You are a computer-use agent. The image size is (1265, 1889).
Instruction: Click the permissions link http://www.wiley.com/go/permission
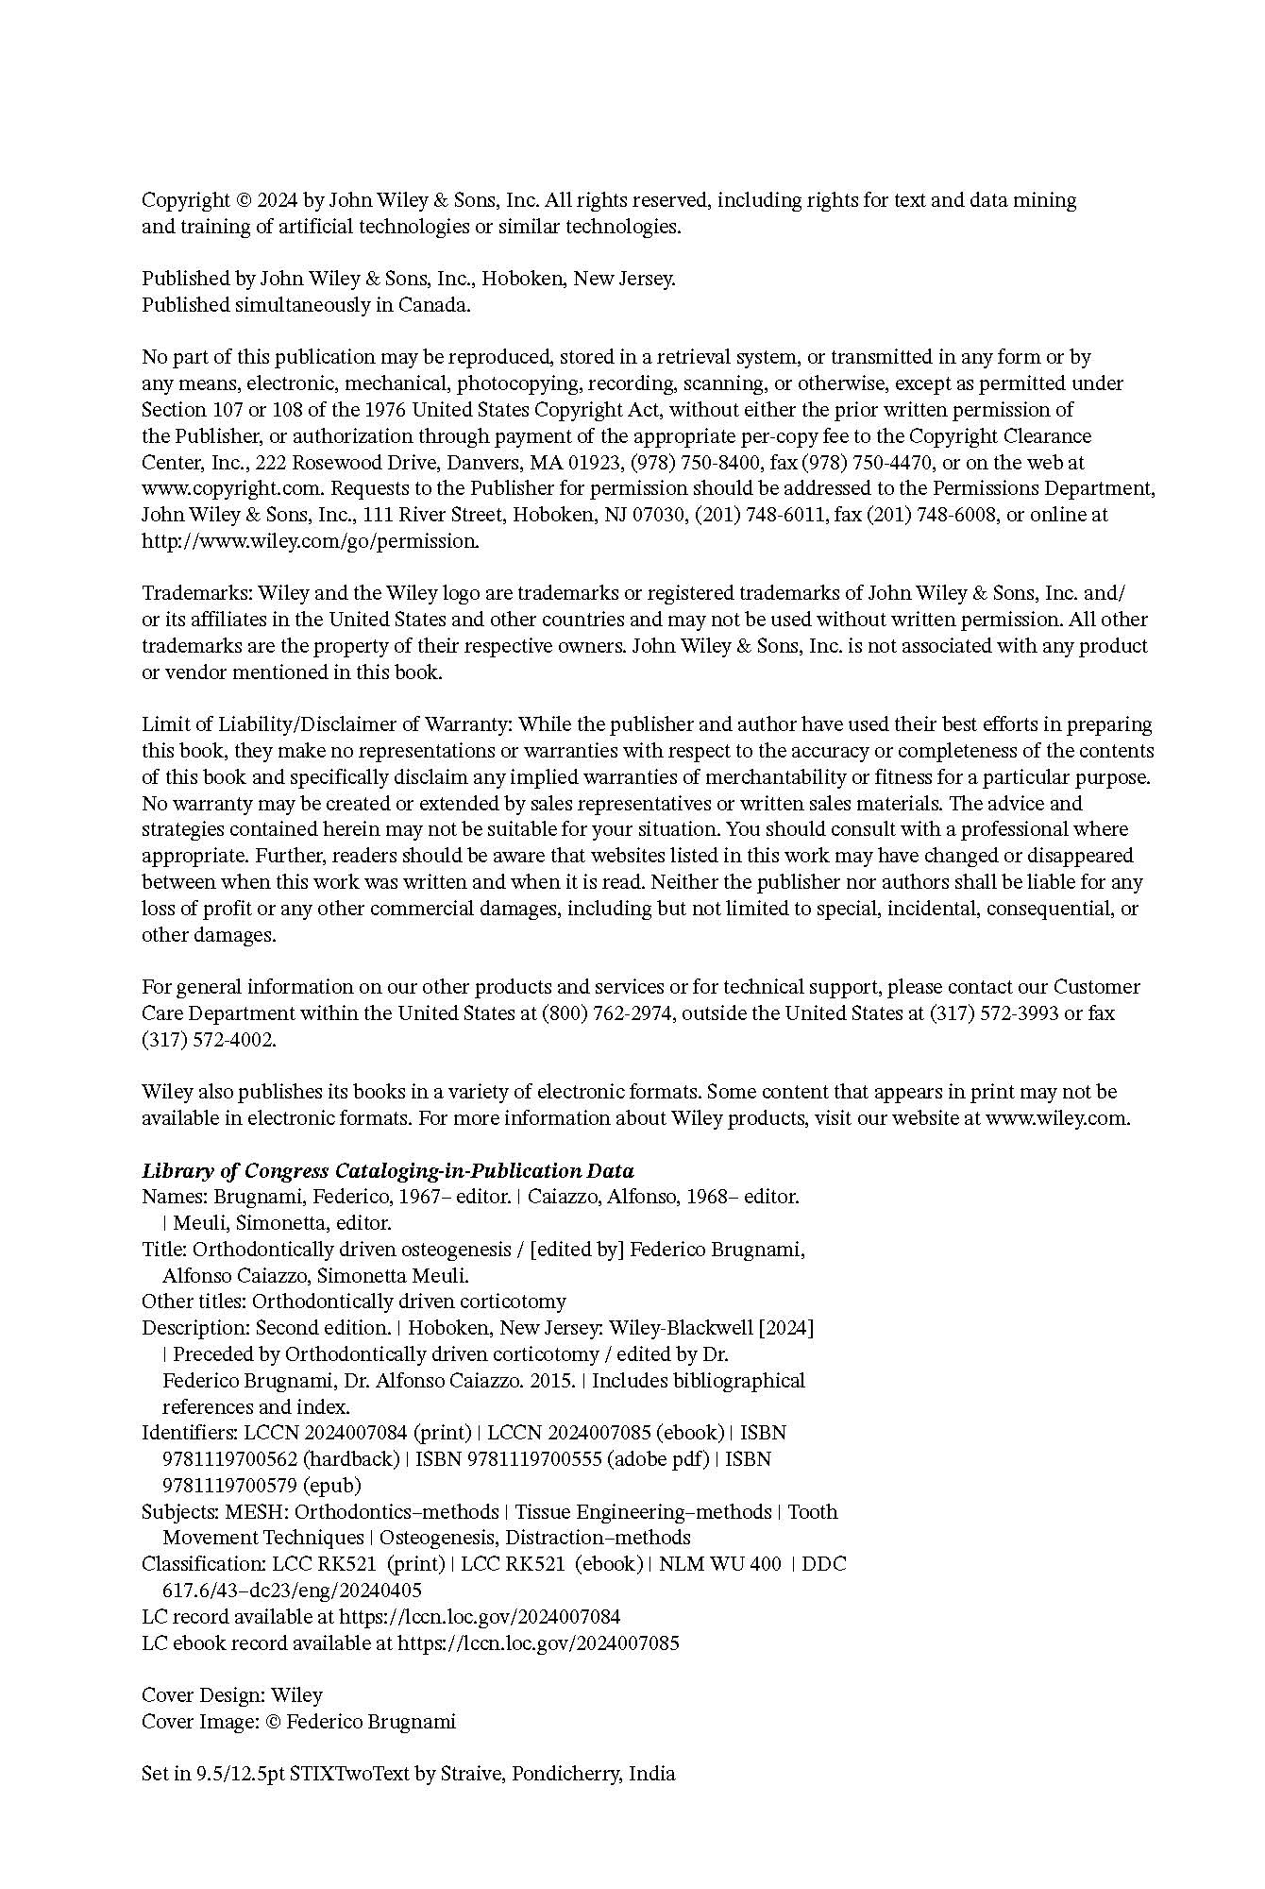(x=311, y=541)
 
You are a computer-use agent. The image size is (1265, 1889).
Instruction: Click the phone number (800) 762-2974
(x=606, y=1013)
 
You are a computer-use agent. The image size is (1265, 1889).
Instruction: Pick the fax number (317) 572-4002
(x=209, y=1040)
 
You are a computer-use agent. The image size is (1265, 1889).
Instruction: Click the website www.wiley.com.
(x=1056, y=1118)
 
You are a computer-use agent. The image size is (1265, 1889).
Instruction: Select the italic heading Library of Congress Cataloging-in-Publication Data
(x=387, y=1171)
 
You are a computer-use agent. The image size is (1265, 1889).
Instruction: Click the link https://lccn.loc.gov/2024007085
(x=537, y=1643)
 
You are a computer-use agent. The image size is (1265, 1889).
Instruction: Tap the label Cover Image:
(x=200, y=1722)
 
